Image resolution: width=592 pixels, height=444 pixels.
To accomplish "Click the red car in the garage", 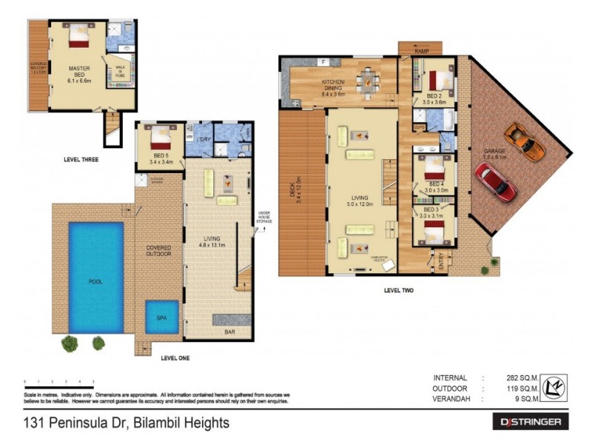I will click(496, 181).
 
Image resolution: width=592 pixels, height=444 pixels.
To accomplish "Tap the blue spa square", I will click(161, 317).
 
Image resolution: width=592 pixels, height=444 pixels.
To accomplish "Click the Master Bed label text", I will click(79, 72).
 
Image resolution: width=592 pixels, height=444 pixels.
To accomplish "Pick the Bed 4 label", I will click(435, 184).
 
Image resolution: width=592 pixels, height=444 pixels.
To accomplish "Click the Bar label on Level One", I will click(229, 332).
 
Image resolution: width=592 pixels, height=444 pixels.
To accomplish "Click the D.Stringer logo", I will click(530, 423).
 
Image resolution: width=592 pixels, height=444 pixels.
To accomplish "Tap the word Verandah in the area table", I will click(449, 400).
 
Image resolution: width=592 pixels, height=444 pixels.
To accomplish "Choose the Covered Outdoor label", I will click(158, 250).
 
